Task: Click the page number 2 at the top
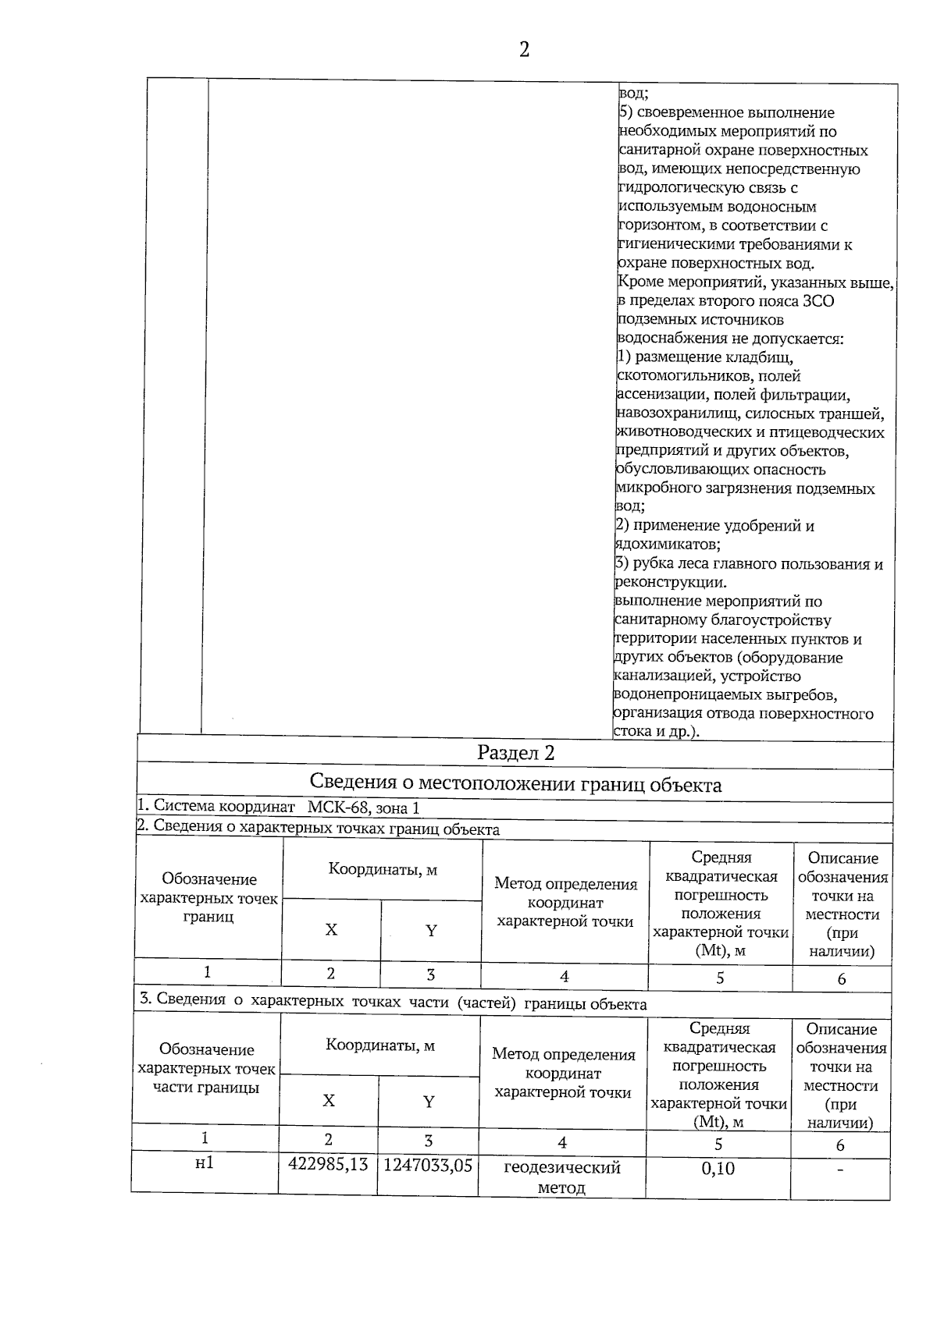pos(523,51)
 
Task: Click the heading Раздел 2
pos(515,753)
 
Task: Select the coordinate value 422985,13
pos(328,1165)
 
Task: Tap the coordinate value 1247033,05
pos(428,1166)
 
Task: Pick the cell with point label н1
pos(205,1163)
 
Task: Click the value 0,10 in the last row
pos(718,1169)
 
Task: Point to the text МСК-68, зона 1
pos(363,808)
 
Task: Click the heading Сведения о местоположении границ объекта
pos(515,784)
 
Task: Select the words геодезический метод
pos(562,1177)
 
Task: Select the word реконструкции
pos(671,582)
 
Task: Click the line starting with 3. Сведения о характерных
pos(392,1004)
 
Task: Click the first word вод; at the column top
pos(632,94)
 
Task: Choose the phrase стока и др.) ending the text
pos(657,733)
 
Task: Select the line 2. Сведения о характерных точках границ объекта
pos(318,829)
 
